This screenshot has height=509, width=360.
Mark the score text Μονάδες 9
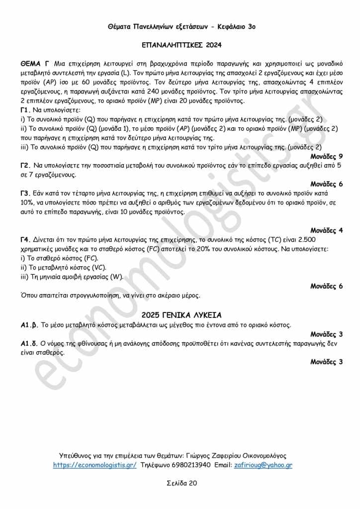pos(326,156)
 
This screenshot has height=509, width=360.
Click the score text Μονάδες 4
pos(326,230)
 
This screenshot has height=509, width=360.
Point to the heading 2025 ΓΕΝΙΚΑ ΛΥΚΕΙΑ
pos(181,315)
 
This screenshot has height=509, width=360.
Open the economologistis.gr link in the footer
pos(95,465)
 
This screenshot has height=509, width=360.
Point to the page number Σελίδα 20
pos(181,483)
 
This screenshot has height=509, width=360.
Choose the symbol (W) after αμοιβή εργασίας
pos(116,277)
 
